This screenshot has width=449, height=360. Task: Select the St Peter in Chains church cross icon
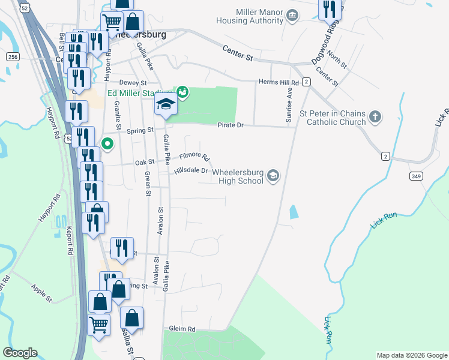(x=375, y=116)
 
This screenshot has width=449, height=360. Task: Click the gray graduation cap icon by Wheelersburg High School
(x=273, y=175)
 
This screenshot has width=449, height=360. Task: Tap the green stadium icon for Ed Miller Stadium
(x=182, y=92)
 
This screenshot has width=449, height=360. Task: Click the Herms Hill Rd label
(x=278, y=82)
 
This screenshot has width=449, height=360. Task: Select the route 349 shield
(x=416, y=176)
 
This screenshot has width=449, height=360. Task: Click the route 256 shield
(x=13, y=56)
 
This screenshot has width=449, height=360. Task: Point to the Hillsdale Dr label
(x=191, y=171)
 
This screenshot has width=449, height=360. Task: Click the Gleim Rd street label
(x=182, y=329)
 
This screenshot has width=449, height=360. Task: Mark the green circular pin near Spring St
(x=107, y=143)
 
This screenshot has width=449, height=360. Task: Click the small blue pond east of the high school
(x=293, y=212)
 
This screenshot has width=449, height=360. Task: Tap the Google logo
(x=20, y=353)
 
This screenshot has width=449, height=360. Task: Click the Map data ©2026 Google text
(x=412, y=355)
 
